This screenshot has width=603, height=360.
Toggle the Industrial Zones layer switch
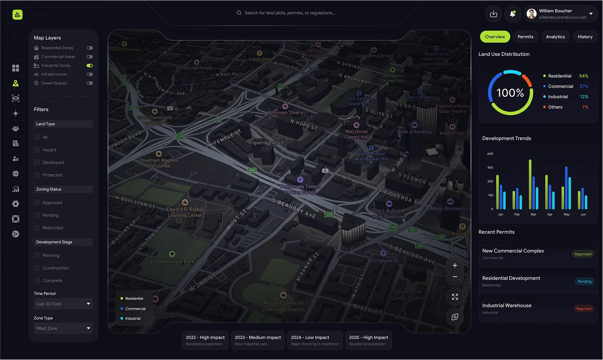click(90, 66)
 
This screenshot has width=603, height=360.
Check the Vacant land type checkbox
click(37, 150)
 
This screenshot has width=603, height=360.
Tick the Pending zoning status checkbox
click(37, 215)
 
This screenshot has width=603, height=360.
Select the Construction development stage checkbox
click(37, 268)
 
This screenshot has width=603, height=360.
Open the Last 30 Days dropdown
click(63, 304)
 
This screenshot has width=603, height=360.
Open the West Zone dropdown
click(63, 328)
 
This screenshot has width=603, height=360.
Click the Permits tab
click(525, 37)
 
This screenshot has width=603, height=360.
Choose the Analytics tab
click(555, 37)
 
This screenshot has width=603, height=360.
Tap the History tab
click(585, 37)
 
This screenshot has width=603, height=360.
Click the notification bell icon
click(513, 14)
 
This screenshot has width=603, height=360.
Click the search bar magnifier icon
click(239, 13)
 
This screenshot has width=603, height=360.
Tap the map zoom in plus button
click(455, 265)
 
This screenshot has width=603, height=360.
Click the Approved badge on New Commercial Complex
click(583, 254)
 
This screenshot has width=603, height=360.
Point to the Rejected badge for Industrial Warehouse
click(584, 309)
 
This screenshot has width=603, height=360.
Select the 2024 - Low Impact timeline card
click(315, 340)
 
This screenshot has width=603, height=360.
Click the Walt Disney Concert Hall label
click(357, 134)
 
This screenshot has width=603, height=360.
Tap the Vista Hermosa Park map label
click(172, 261)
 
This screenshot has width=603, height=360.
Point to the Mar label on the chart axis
click(533, 214)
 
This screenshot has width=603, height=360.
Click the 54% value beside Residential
click(583, 76)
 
